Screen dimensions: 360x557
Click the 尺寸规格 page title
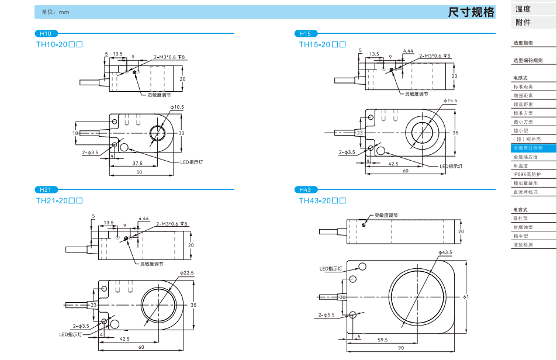coord(471,12)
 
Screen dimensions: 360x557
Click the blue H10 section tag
coord(46,33)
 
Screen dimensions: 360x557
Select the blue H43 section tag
coord(305,189)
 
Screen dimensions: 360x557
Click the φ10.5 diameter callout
coord(177,107)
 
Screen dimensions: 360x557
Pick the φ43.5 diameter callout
coord(445,252)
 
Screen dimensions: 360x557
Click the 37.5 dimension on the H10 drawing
coord(137,163)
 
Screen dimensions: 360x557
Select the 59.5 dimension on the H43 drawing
coord(383,339)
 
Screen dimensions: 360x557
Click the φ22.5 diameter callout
coord(186,273)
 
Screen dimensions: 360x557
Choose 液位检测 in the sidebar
coord(523,245)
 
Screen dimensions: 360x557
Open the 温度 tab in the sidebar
coord(523,9)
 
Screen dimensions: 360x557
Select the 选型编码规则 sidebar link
coord(528,60)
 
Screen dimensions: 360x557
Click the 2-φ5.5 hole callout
coord(327,315)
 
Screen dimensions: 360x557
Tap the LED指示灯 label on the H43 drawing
coord(330,268)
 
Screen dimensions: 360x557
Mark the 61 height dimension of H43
coord(466,297)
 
